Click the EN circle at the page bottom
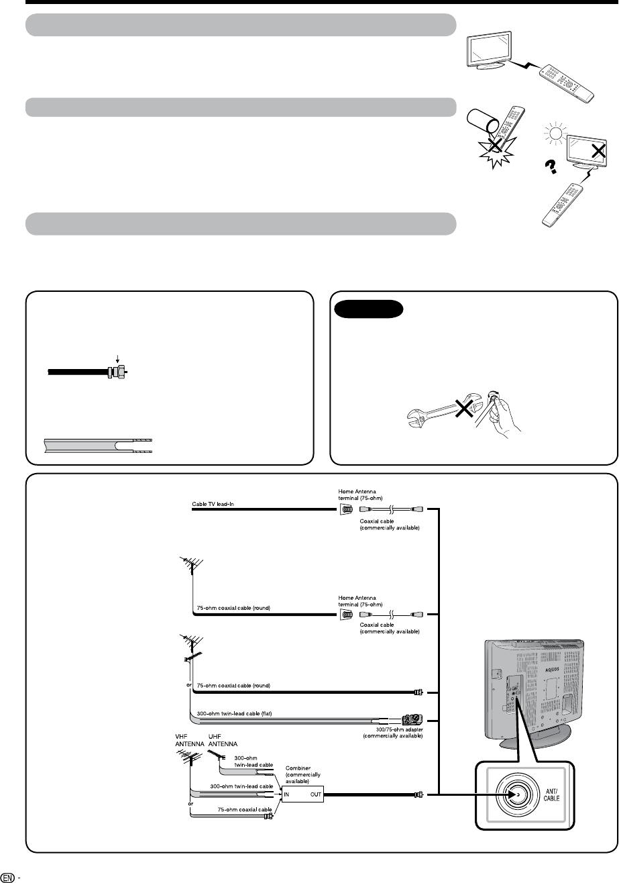(x=7, y=876)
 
